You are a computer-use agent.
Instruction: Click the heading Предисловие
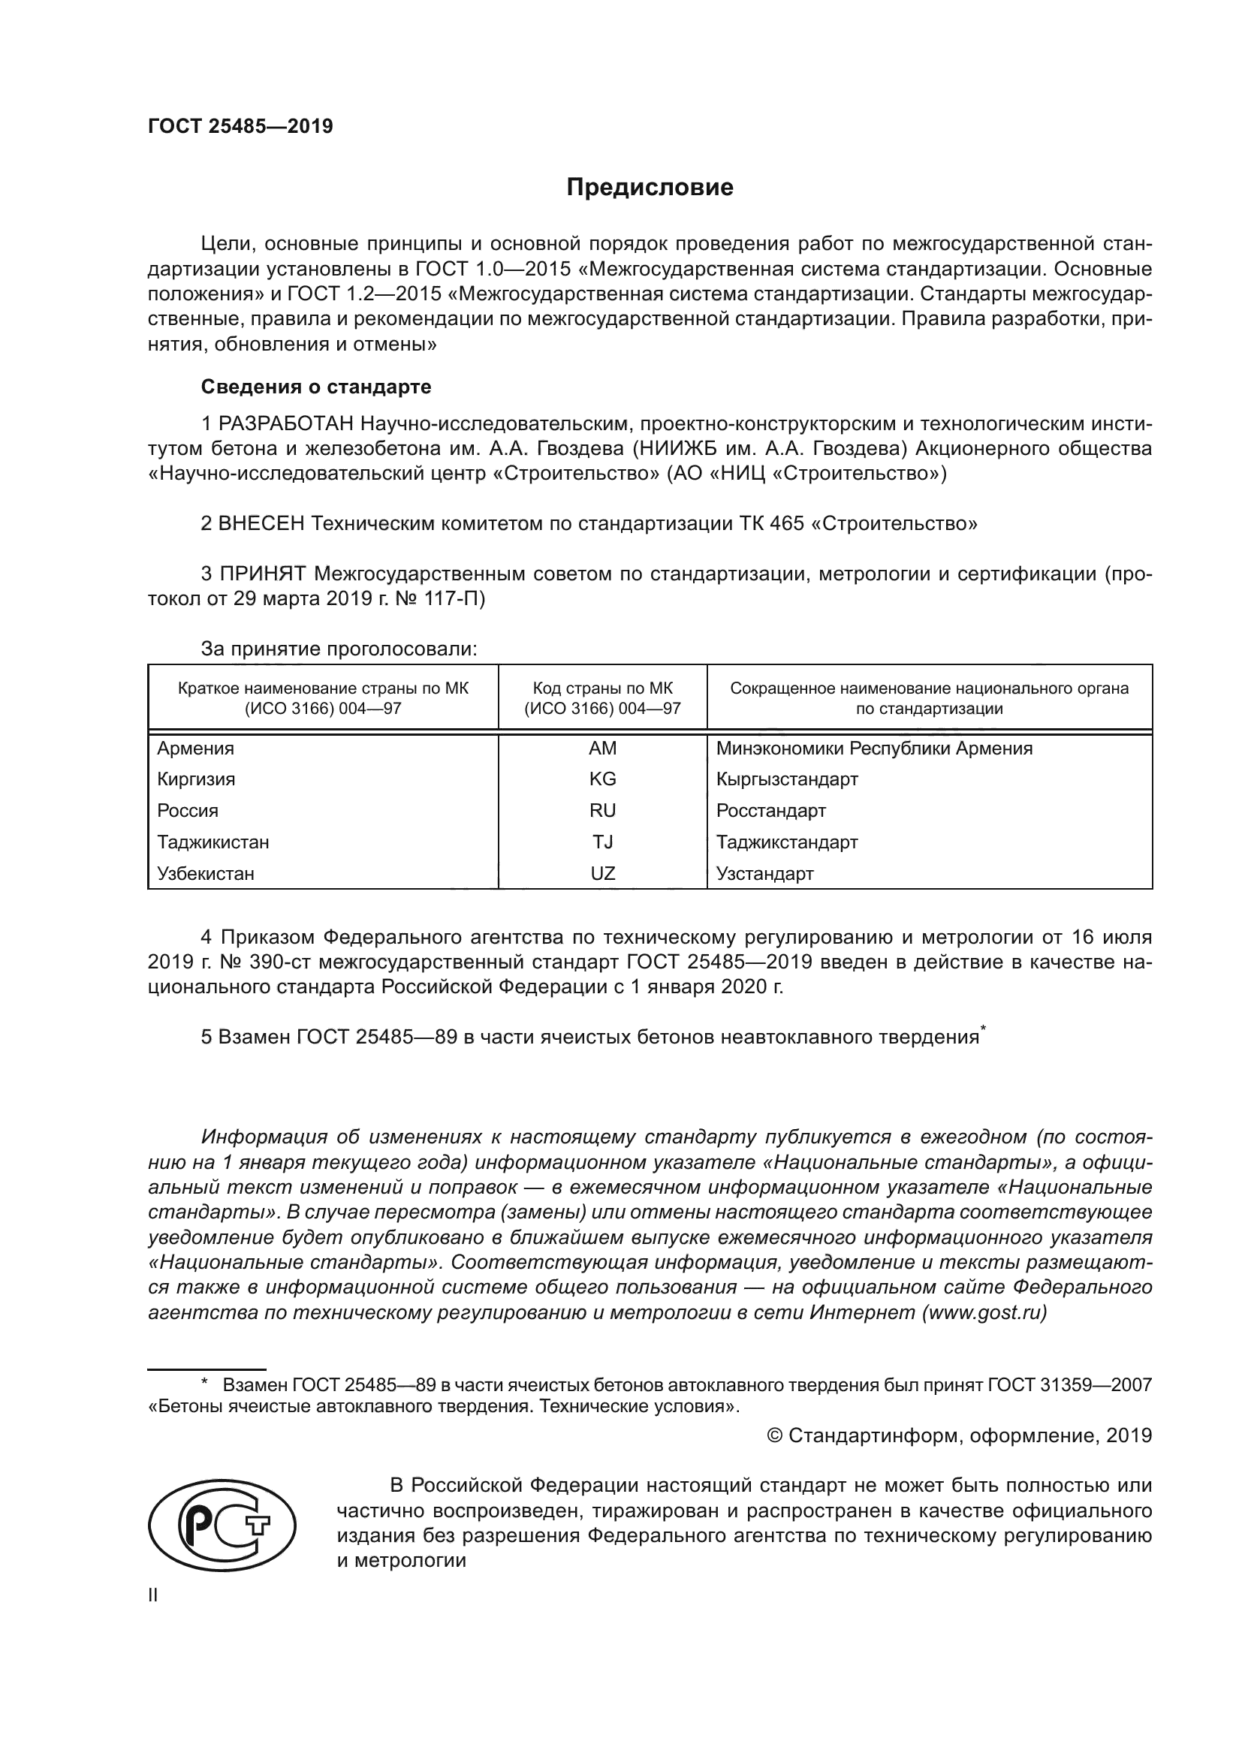point(650,188)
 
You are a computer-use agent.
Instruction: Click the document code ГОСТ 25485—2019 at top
point(240,126)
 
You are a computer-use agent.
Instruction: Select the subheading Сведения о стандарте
point(316,387)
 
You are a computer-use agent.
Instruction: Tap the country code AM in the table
point(602,748)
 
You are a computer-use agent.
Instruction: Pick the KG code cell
point(602,779)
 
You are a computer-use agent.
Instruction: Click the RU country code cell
point(602,811)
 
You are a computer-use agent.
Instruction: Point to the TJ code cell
point(602,842)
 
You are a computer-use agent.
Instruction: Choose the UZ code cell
point(602,873)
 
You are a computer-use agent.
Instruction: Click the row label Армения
point(196,748)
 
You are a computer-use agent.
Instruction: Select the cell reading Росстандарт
point(771,811)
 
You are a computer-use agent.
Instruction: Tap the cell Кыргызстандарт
point(787,779)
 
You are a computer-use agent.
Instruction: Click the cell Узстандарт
point(764,873)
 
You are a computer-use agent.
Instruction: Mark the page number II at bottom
point(153,1595)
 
